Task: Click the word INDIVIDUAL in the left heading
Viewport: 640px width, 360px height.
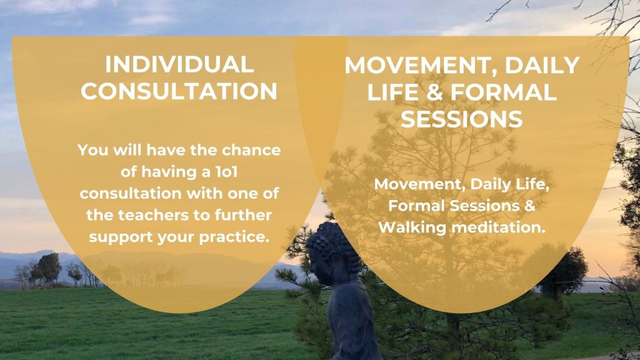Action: (179, 65)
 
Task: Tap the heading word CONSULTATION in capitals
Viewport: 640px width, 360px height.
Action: (179, 91)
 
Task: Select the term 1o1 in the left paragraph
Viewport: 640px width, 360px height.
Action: (226, 172)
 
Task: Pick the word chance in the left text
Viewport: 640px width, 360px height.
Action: (251, 150)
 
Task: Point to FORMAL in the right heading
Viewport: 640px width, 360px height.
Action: (503, 92)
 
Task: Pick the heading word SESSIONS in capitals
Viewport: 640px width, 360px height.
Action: (462, 119)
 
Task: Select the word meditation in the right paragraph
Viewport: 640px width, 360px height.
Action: (499, 227)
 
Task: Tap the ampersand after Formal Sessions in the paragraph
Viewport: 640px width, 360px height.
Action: (529, 206)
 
